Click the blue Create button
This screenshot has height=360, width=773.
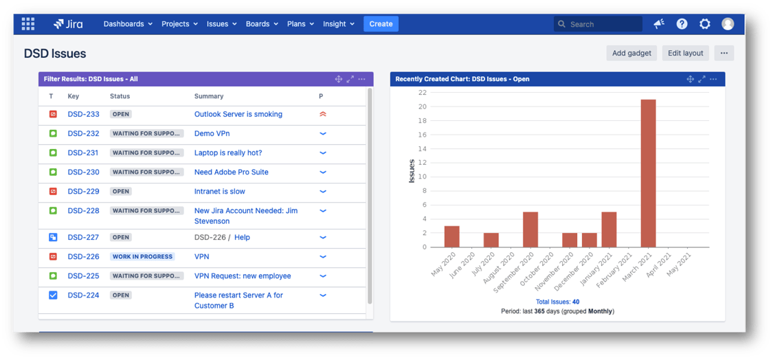(x=381, y=24)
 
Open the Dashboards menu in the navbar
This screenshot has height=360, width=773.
(x=128, y=24)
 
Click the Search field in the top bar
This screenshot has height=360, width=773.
(x=598, y=24)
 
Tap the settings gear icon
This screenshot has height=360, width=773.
(x=704, y=24)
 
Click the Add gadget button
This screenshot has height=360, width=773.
(x=631, y=53)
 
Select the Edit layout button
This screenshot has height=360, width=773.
(x=685, y=53)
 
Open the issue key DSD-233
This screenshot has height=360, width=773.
(x=83, y=115)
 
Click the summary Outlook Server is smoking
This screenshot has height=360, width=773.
(x=238, y=115)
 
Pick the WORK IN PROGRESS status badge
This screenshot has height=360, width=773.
(x=142, y=257)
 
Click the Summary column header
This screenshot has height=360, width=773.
(x=208, y=96)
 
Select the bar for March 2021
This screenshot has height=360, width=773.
(x=648, y=173)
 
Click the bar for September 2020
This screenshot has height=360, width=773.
(x=530, y=229)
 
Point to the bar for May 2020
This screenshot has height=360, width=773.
(x=451, y=236)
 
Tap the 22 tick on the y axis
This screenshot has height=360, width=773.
(x=422, y=93)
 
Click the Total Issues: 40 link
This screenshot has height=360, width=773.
(x=557, y=302)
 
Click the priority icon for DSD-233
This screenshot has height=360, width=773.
(x=323, y=115)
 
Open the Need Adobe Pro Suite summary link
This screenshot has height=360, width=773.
(x=231, y=172)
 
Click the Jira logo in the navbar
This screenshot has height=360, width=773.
(x=68, y=24)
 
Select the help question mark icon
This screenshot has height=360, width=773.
(x=682, y=24)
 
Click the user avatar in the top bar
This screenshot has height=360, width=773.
(x=728, y=24)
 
